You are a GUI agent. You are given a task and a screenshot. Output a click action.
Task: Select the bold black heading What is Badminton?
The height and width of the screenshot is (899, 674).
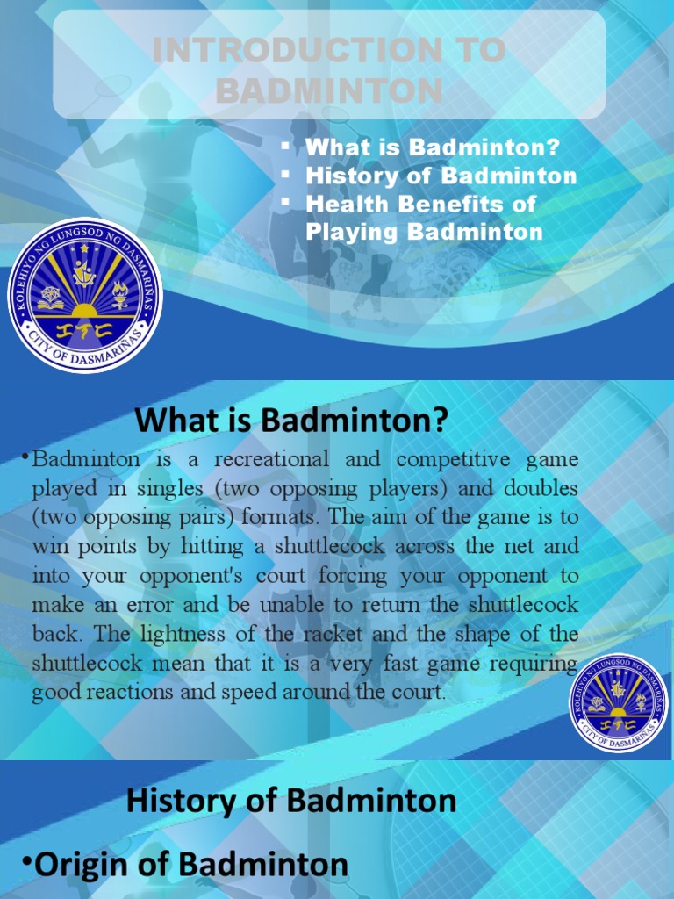[291, 421]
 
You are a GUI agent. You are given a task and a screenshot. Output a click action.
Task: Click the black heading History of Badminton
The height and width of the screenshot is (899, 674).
[291, 800]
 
